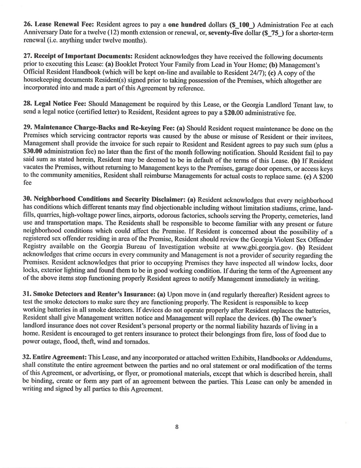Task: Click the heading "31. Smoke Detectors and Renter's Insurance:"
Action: tap(86, 295)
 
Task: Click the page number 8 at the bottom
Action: tap(177, 427)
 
